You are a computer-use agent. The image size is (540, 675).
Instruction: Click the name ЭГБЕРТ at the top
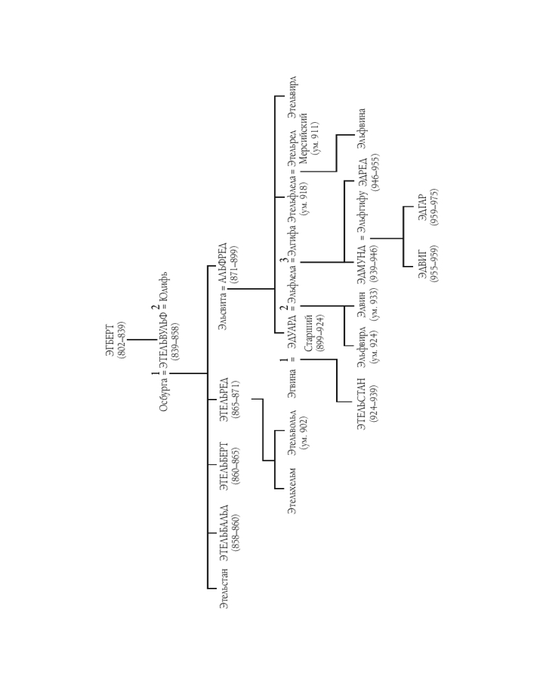(x=111, y=340)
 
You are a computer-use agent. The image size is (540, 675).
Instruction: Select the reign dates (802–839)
(x=122, y=340)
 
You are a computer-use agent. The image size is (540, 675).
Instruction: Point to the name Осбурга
(x=165, y=395)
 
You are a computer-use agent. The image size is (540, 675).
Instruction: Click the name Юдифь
(x=165, y=287)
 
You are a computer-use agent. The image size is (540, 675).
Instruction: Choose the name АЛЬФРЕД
(x=223, y=263)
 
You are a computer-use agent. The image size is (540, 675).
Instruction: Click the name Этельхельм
(x=292, y=491)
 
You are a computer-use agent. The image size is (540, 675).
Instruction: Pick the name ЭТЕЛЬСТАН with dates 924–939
(x=361, y=404)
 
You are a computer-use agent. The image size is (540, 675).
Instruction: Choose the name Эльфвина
(x=362, y=128)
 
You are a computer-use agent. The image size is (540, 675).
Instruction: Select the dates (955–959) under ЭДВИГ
(x=434, y=264)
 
